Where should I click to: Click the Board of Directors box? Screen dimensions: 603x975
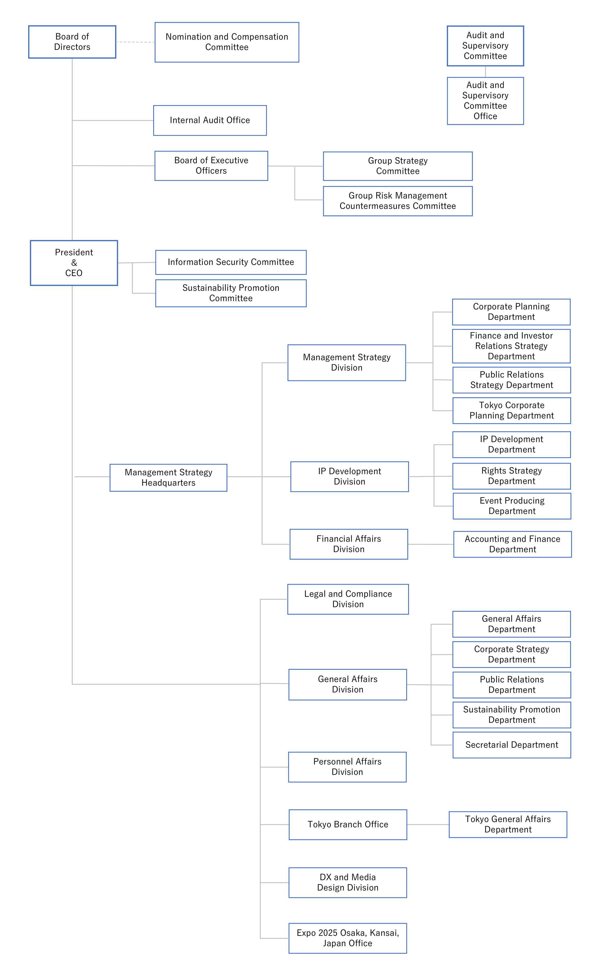[72, 42]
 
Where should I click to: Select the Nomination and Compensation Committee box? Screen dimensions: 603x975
[227, 42]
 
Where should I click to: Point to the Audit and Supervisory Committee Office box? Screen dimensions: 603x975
[485, 101]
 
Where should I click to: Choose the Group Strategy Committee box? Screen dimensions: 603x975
[398, 166]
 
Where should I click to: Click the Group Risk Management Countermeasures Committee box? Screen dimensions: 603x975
[398, 201]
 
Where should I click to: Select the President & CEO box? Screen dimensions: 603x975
[74, 263]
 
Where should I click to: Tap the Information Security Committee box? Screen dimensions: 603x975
[231, 262]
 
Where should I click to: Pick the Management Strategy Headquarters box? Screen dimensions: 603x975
[168, 477]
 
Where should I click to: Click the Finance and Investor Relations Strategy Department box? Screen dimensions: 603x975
[511, 346]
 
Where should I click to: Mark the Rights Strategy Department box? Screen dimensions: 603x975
[512, 476]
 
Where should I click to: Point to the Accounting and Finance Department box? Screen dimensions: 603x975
[513, 544]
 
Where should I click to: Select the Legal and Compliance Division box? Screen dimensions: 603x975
[348, 599]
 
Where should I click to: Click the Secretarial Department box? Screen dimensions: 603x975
[512, 745]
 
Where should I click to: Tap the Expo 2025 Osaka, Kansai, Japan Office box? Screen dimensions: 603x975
[348, 938]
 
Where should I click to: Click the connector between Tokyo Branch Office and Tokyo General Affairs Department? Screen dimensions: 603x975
[428, 825]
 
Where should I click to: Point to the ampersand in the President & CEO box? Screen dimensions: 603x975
[74, 263]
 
